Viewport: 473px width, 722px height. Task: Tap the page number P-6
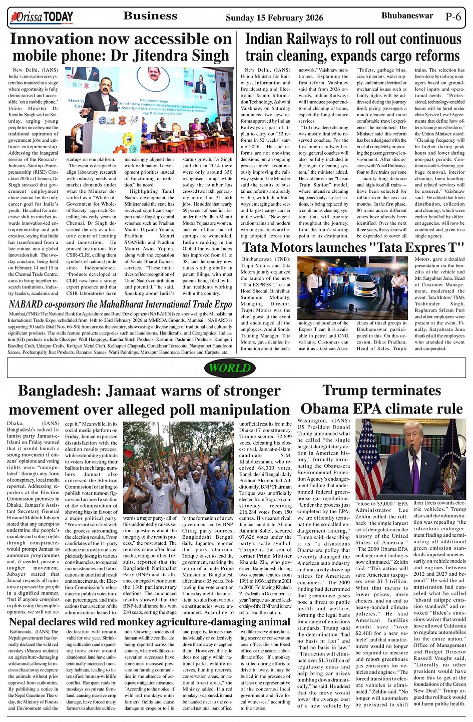(x=453, y=17)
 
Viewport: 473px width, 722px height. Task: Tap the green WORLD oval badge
(x=230, y=368)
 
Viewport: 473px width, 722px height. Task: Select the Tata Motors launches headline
(x=353, y=247)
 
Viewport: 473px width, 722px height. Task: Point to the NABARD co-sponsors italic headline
(x=120, y=304)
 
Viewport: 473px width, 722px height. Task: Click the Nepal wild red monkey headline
(x=149, y=622)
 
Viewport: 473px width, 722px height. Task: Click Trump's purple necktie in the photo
(x=414, y=476)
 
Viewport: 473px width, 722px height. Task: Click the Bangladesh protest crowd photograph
(x=178, y=461)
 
